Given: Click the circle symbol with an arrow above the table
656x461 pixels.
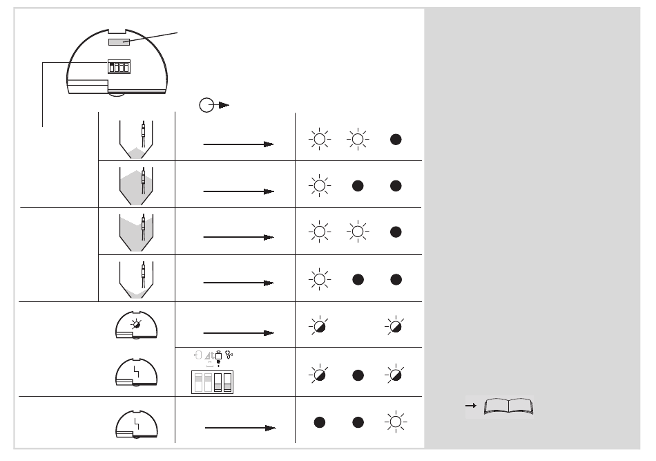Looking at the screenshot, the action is tap(206, 105).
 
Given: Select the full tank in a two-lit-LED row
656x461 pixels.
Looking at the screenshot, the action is tap(136, 232).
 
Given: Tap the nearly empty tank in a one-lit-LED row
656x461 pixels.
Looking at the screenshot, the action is tap(136, 279).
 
